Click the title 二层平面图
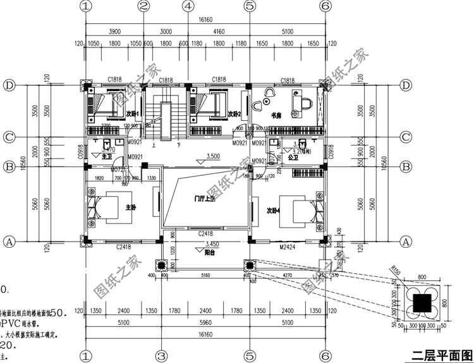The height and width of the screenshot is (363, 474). [x=440, y=354]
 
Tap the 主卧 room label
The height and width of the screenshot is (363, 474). [x=131, y=207]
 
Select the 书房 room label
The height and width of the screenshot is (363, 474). [x=276, y=116]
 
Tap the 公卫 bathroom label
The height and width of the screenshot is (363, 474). [x=292, y=157]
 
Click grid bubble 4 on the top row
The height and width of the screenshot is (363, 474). [x=187, y=6]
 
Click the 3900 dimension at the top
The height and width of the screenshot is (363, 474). [x=114, y=31]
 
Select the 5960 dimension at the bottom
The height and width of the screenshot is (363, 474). [x=205, y=322]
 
